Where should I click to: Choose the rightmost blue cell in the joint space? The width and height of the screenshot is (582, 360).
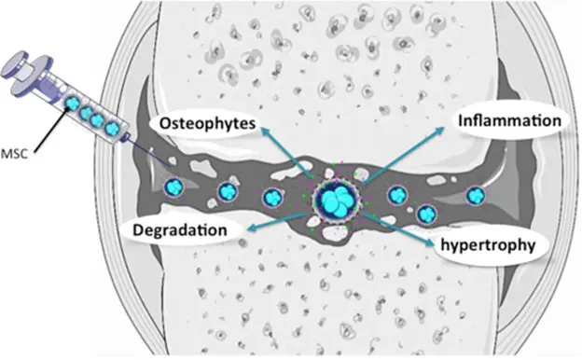(x=476, y=197)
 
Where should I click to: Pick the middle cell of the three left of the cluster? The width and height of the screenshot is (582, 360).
(x=227, y=192)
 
